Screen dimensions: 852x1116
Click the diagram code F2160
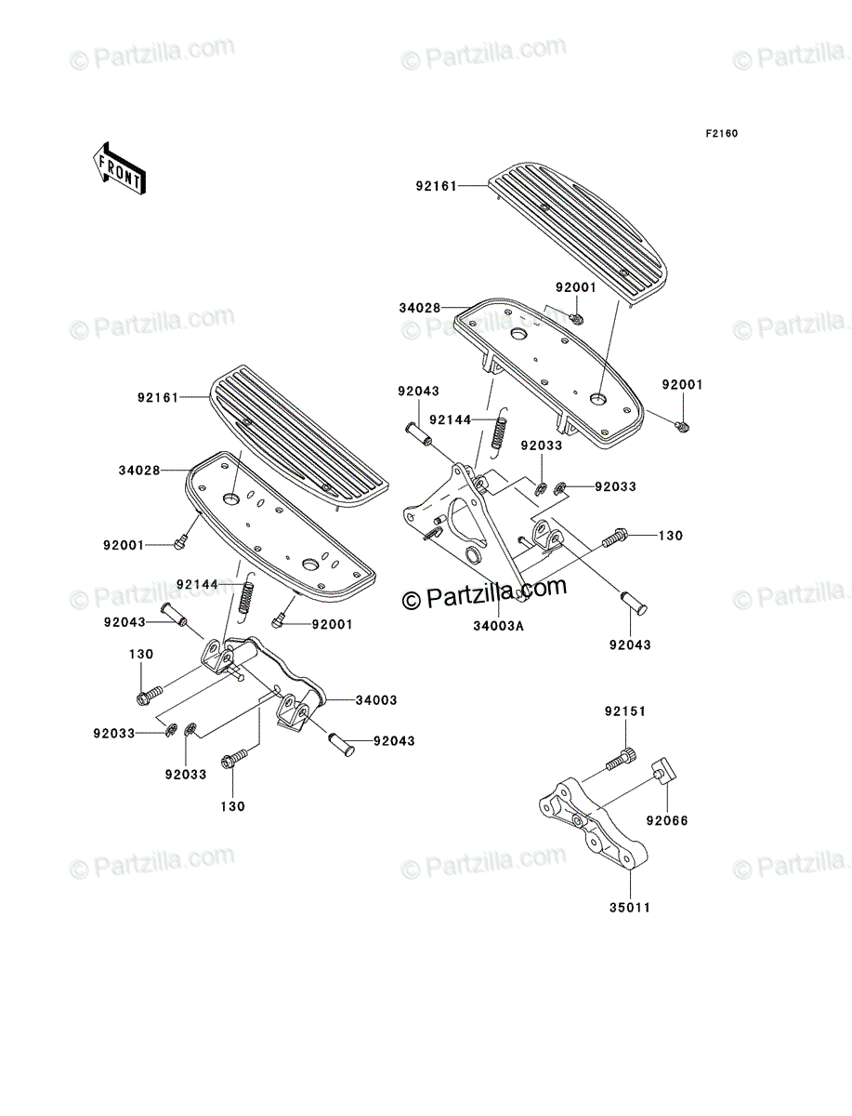[721, 134]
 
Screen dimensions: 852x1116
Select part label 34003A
[498, 626]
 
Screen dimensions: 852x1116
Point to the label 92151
[625, 711]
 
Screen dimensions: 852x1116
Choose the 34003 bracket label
[375, 700]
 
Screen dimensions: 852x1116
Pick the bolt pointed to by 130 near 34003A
[615, 537]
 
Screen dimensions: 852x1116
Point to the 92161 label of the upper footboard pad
[437, 186]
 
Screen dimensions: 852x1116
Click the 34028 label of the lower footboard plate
[139, 471]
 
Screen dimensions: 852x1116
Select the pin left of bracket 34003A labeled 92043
[418, 434]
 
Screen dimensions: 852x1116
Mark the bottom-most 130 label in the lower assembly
[232, 806]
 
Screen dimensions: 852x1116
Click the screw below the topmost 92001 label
[576, 319]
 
